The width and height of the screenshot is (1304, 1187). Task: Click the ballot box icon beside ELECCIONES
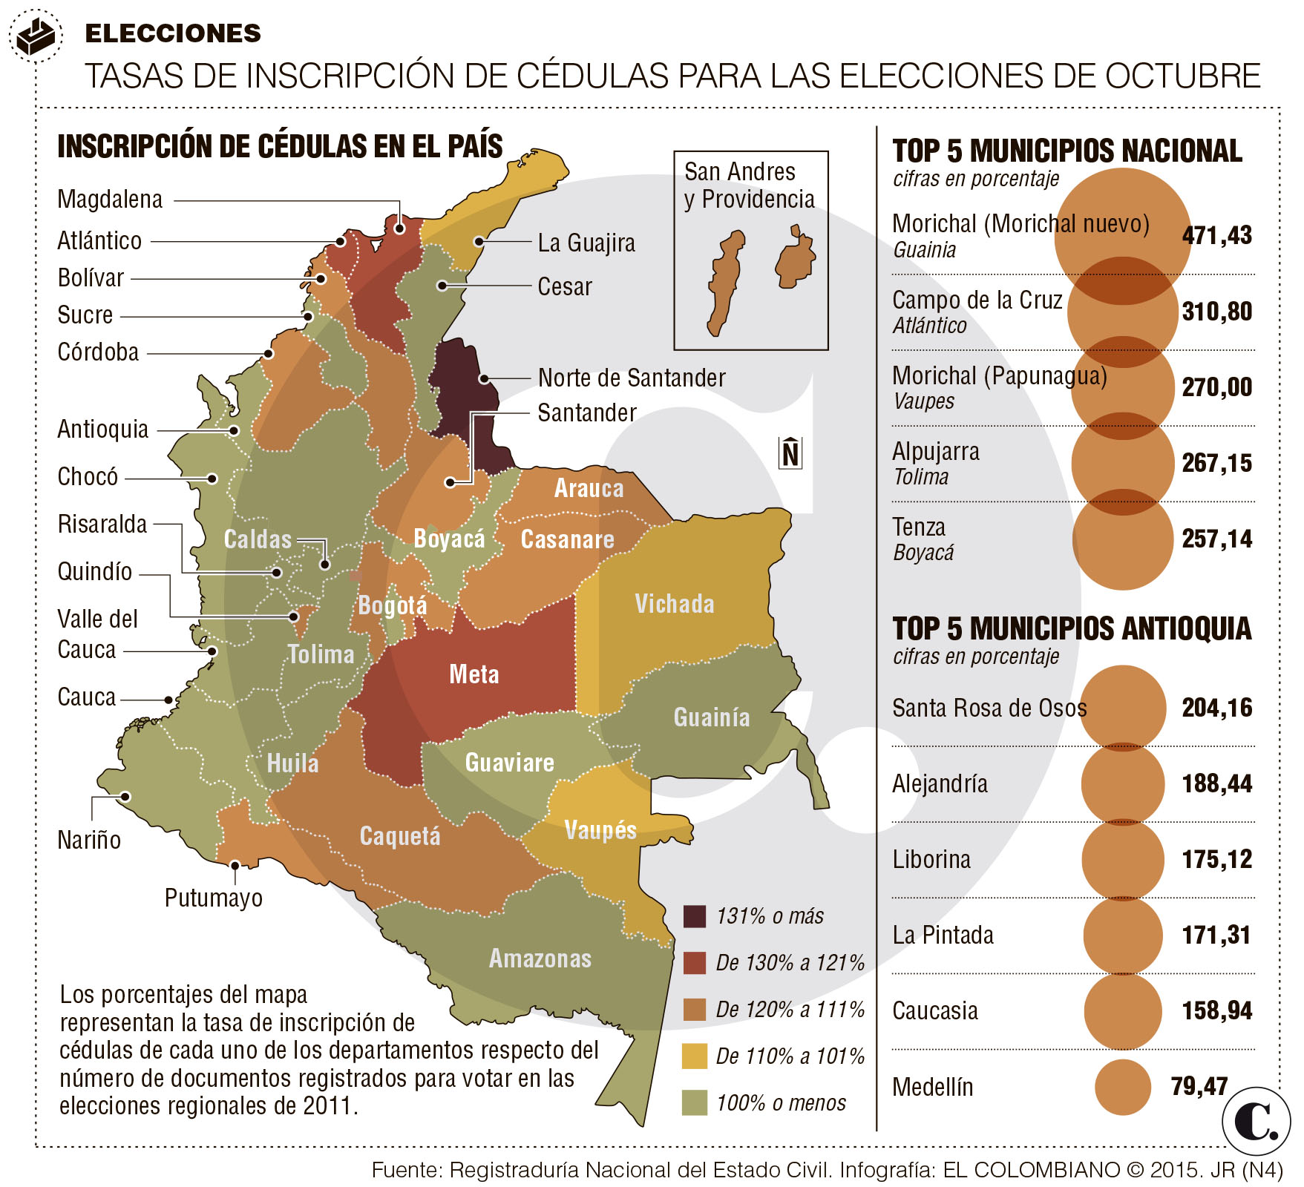click(36, 36)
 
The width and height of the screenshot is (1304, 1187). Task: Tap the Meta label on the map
click(474, 674)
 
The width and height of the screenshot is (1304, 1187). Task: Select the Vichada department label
click(674, 604)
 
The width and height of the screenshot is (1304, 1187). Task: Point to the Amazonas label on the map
click(540, 959)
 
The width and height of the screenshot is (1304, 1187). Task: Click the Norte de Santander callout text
click(632, 378)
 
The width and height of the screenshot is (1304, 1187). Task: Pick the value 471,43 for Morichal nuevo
click(1216, 235)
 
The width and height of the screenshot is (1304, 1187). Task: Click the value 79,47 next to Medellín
click(1199, 1086)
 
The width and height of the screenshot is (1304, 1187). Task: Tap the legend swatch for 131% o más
click(695, 916)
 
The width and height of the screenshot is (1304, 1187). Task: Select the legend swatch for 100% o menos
click(695, 1102)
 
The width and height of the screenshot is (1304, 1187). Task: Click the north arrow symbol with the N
click(790, 453)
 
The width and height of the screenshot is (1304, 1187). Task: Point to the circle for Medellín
click(1122, 1087)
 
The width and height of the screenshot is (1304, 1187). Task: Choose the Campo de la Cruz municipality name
click(977, 300)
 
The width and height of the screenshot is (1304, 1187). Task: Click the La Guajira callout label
click(586, 243)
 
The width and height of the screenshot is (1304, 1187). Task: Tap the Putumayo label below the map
click(214, 898)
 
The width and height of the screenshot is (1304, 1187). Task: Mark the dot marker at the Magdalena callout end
click(400, 229)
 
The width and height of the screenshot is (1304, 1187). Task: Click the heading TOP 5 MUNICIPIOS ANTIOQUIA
click(1072, 628)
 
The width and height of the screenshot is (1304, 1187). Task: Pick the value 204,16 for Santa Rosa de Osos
click(1216, 708)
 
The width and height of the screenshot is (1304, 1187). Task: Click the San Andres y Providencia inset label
click(749, 185)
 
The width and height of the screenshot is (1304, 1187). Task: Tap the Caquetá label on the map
click(400, 836)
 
